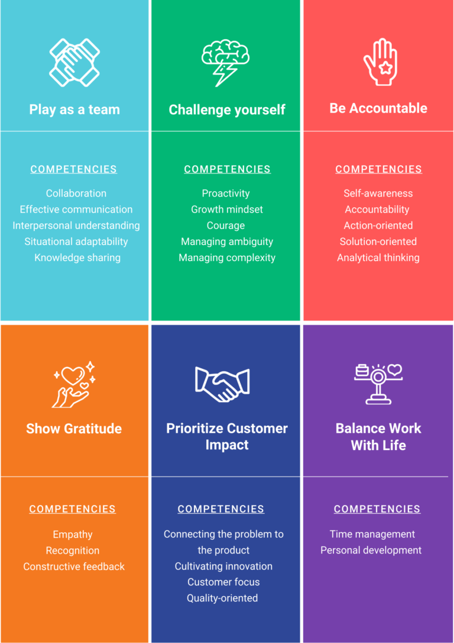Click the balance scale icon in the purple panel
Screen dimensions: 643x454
378,383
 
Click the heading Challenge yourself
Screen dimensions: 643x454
227,110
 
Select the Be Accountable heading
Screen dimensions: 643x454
378,108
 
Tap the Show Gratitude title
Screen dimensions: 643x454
74,429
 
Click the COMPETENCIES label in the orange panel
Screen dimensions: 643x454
73,509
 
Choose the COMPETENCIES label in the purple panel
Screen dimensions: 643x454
377,509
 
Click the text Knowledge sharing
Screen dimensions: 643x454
77,258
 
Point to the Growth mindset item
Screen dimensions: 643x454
227,209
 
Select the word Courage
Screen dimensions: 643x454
226,226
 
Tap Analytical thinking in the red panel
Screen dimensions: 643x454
378,258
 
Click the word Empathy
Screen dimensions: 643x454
73,535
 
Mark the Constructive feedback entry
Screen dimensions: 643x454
74,567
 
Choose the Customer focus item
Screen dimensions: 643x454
223,582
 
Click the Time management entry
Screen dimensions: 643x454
372,534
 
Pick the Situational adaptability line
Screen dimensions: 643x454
76,242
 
